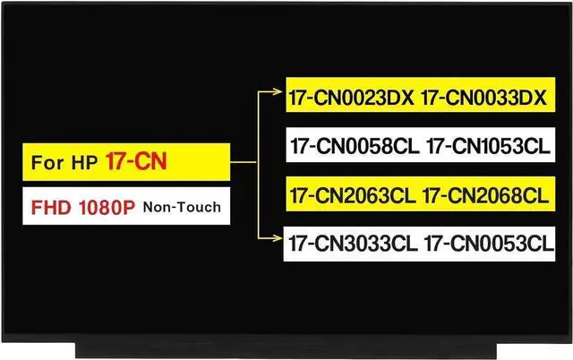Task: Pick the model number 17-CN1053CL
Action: pyautogui.click(x=489, y=146)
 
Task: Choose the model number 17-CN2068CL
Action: pyautogui.click(x=488, y=194)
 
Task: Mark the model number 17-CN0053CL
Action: pyautogui.click(x=487, y=242)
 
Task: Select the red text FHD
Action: pyautogui.click(x=50, y=207)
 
